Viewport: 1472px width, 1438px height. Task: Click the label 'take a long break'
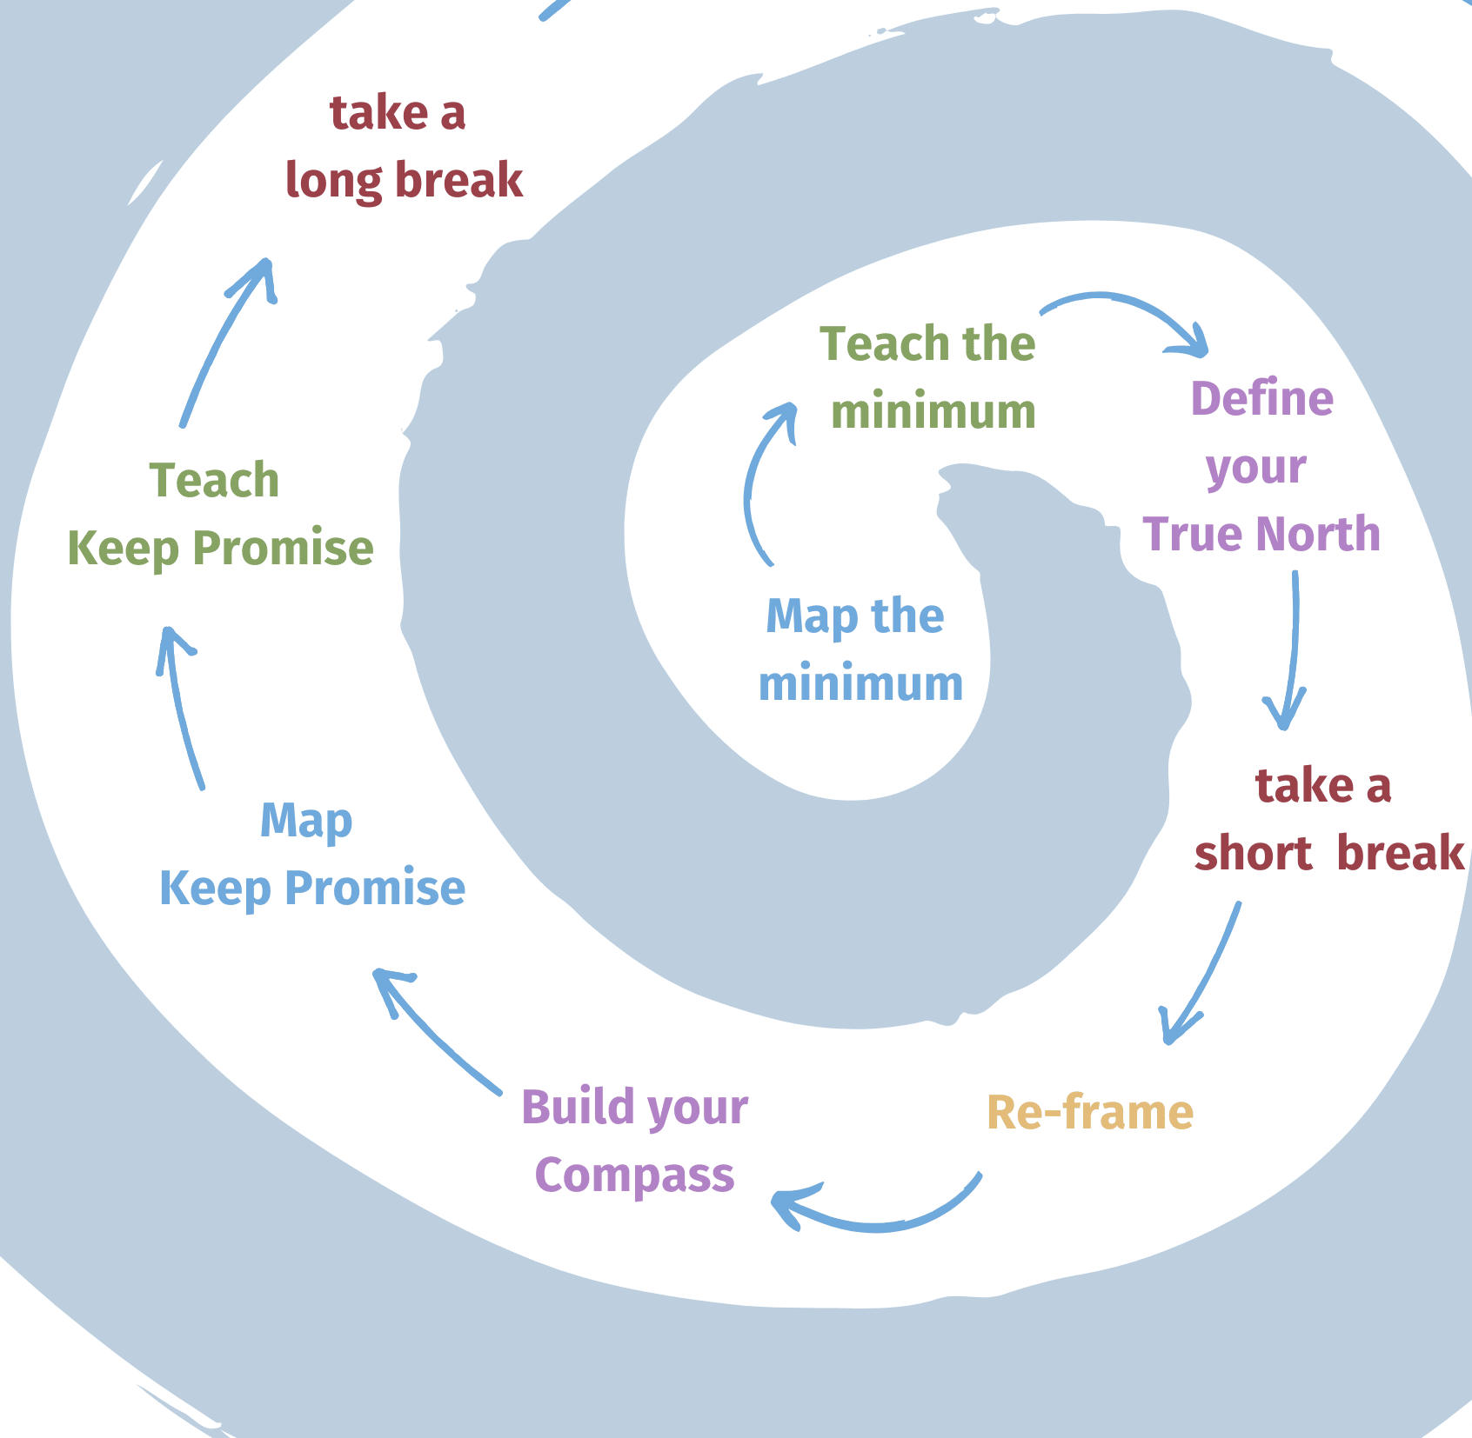tap(404, 148)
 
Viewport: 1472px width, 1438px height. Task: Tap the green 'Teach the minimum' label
tap(929, 377)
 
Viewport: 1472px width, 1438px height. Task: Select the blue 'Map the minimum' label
tap(860, 650)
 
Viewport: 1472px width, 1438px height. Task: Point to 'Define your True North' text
tap(1261, 467)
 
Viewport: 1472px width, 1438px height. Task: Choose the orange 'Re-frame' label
tap(1090, 1113)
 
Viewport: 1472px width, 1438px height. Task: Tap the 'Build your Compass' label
tap(635, 1141)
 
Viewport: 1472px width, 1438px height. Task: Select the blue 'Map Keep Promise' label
tap(311, 855)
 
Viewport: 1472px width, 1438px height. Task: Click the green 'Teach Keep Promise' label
tap(220, 515)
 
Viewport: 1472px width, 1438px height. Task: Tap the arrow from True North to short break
tap(1293, 652)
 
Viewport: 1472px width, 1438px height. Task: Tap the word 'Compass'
tap(635, 1175)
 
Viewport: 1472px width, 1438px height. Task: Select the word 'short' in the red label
tap(1253, 853)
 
